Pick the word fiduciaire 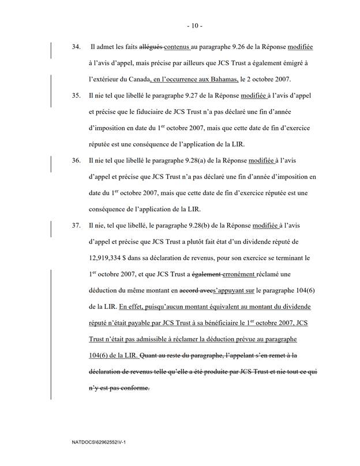[x=179, y=112]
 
